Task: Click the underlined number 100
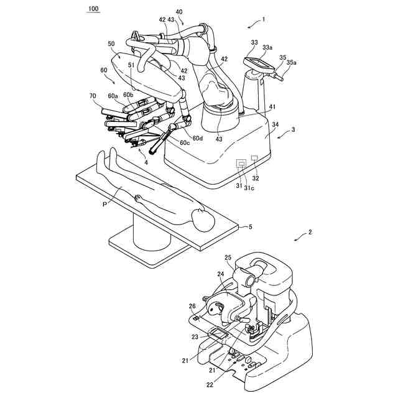tap(93, 9)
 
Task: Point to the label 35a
tap(292, 63)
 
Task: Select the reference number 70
tap(93, 96)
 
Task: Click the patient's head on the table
tap(201, 219)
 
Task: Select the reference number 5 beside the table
tap(250, 227)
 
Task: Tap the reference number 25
tap(228, 257)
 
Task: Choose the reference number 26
tap(193, 305)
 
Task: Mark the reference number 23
tap(195, 337)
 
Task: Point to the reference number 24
tap(220, 274)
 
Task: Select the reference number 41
tap(274, 106)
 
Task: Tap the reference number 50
tap(111, 44)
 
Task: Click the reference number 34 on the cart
tap(275, 126)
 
